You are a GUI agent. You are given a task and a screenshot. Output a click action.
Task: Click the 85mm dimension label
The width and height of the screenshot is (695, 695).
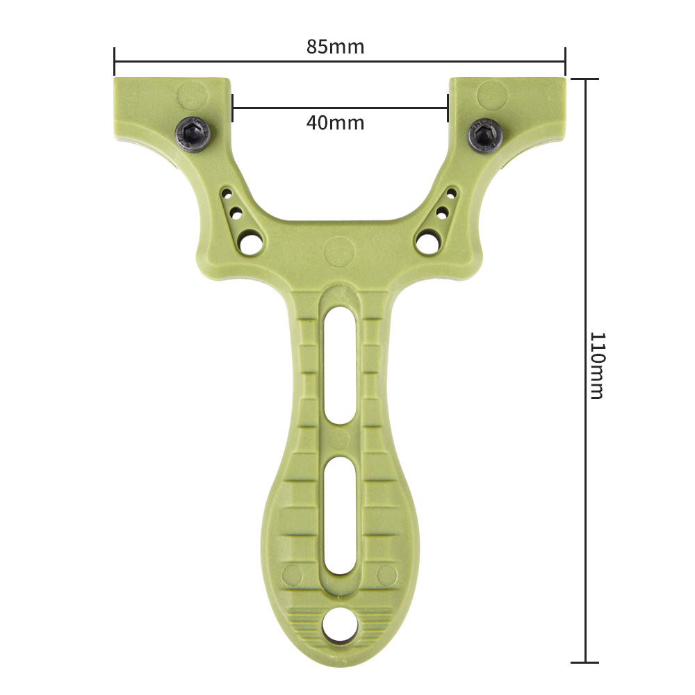pyautogui.click(x=335, y=47)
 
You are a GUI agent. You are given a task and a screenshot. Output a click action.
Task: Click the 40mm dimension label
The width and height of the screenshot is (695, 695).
pyautogui.click(x=335, y=123)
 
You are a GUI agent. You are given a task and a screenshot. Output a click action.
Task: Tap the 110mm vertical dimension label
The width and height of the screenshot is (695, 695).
pyautogui.click(x=596, y=365)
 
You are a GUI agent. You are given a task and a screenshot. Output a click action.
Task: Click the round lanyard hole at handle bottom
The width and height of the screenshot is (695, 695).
pyautogui.click(x=341, y=625)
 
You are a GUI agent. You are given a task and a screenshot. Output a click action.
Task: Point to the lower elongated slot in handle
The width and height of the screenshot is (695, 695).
pyautogui.click(x=340, y=515)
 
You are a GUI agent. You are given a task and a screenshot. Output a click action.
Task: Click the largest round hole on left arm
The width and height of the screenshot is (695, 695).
pyautogui.click(x=250, y=243)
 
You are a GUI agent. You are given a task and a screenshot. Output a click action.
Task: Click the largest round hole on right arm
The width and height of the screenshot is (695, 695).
pyautogui.click(x=427, y=242)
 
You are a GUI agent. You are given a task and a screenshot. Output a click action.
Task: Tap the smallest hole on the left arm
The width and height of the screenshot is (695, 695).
pyautogui.click(x=227, y=192)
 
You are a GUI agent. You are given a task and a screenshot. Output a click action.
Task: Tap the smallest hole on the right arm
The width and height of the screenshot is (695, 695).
pyautogui.click(x=451, y=192)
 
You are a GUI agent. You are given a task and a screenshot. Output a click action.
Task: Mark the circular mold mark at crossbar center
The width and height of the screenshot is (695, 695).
pyautogui.click(x=339, y=250)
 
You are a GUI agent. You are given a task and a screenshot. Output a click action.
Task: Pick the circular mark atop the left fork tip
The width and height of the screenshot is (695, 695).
pyautogui.click(x=191, y=95)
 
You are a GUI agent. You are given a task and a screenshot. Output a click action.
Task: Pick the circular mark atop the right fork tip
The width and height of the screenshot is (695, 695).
pyautogui.click(x=492, y=94)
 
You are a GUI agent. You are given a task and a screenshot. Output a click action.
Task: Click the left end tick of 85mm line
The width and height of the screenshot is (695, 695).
pyautogui.click(x=114, y=61)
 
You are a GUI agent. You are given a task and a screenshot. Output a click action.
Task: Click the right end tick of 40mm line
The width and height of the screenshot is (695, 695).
pyautogui.click(x=448, y=108)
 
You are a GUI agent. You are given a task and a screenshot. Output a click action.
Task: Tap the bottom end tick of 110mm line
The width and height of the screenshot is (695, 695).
pyautogui.click(x=586, y=662)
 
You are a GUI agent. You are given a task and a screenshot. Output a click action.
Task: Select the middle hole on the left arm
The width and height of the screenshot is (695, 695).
pyautogui.click(x=236, y=213)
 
